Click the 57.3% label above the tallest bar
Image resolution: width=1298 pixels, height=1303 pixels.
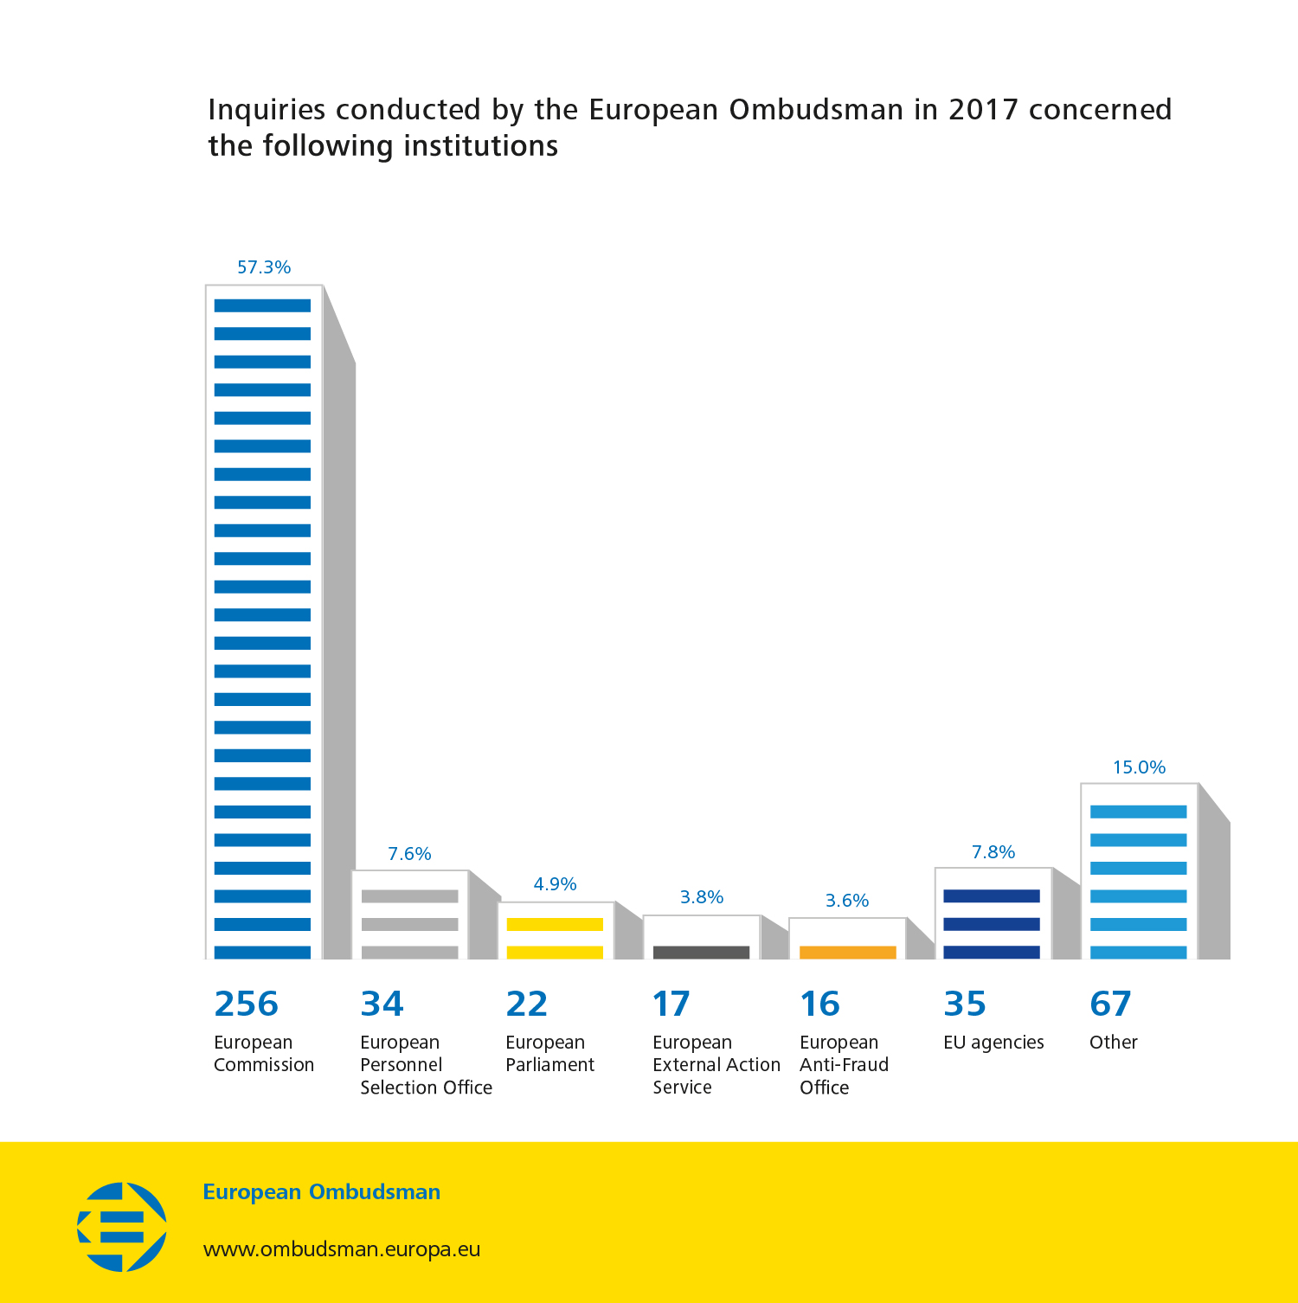[264, 267]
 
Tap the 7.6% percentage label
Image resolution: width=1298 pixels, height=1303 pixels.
[409, 854]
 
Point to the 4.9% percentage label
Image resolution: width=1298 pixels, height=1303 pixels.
[555, 884]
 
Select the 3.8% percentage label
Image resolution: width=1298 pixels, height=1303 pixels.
[701, 897]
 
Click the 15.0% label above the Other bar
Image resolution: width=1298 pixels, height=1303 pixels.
[1139, 767]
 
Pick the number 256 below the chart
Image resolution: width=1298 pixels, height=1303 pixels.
[246, 1004]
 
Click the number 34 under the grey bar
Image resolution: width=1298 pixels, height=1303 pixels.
[382, 1004]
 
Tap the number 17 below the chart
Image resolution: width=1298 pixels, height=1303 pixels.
[671, 1004]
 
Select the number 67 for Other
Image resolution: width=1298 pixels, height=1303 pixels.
[1110, 1004]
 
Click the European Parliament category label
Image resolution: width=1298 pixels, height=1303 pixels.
[549, 1054]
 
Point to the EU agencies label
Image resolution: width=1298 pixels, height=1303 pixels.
[993, 1043]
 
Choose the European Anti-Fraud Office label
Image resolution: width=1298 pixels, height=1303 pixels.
[844, 1065]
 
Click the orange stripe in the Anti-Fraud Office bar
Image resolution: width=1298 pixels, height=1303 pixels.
[847, 953]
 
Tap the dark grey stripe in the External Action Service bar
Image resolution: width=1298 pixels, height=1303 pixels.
[701, 953]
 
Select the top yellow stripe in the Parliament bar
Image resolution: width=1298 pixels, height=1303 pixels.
[555, 924]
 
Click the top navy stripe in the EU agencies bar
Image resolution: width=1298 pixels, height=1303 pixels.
[992, 896]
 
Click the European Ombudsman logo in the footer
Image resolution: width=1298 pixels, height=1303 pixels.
[122, 1227]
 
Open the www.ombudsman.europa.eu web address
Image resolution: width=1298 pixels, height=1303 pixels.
[342, 1249]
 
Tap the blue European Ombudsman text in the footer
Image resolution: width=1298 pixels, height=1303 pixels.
[321, 1192]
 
